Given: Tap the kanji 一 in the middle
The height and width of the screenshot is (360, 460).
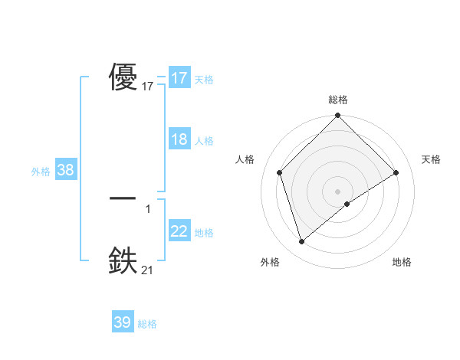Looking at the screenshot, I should pyautogui.click(x=123, y=198).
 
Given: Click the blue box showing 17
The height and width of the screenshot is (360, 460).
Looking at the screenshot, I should pyautogui.click(x=179, y=78).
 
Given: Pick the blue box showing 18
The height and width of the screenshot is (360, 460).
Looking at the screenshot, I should pyautogui.click(x=179, y=140).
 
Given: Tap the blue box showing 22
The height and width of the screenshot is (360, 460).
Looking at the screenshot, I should pyautogui.click(x=179, y=231).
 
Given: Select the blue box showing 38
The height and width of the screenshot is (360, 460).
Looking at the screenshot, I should pyautogui.click(x=65, y=170).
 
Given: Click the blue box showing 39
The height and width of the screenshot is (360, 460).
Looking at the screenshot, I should pyautogui.click(x=123, y=322).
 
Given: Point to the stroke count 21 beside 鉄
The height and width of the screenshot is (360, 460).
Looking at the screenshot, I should pyautogui.click(x=148, y=270).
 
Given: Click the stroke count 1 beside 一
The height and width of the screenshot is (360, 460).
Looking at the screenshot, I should pyautogui.click(x=148, y=208).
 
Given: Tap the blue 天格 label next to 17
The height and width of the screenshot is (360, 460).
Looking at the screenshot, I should pyautogui.click(x=204, y=79).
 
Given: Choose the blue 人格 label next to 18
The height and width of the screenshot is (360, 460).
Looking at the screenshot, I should pyautogui.click(x=204, y=141).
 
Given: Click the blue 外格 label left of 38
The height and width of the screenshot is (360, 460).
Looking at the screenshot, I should pyautogui.click(x=41, y=172).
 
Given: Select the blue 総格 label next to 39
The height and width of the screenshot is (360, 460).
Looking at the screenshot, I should pyautogui.click(x=147, y=324).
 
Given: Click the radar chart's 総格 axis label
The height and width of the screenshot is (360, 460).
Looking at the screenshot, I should pyautogui.click(x=338, y=100).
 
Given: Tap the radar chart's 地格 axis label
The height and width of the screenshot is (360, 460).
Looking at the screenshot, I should pyautogui.click(x=402, y=263).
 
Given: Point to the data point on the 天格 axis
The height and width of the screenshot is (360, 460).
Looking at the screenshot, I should pyautogui.click(x=396, y=172).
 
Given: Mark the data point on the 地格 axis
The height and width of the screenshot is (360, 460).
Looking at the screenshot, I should pyautogui.click(x=347, y=204).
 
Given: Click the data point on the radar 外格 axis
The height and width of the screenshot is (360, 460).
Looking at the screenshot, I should pyautogui.click(x=301, y=242).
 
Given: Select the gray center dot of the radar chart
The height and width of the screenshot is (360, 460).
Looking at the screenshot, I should pyautogui.click(x=338, y=191).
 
